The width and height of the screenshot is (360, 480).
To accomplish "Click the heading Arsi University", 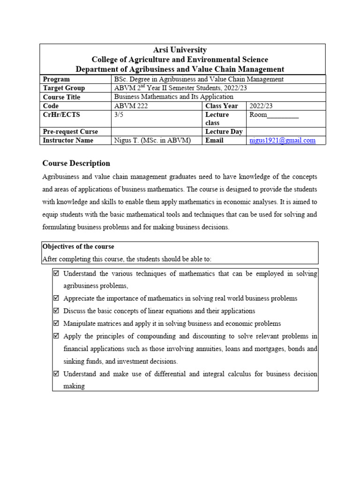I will pyautogui.click(x=180, y=50).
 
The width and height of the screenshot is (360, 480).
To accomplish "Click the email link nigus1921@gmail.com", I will pyautogui.click(x=282, y=140).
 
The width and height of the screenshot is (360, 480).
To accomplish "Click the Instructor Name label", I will pyautogui.click(x=68, y=140).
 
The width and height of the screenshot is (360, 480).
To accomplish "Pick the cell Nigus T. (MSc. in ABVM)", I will pyautogui.click(x=152, y=140).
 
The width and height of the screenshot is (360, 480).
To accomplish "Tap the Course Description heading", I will pyautogui.click(x=76, y=163).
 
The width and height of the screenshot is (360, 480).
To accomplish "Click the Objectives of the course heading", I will pyautogui.click(x=78, y=247).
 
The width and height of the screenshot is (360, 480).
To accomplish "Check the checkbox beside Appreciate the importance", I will pyautogui.click(x=57, y=298).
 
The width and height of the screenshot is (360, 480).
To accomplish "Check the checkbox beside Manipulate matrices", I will pyautogui.click(x=57, y=323).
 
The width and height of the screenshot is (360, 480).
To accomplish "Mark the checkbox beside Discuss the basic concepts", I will pyautogui.click(x=57, y=311).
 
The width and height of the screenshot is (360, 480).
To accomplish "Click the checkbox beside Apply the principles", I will pyautogui.click(x=57, y=336).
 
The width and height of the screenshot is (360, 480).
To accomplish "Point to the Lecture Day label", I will pyautogui.click(x=224, y=132).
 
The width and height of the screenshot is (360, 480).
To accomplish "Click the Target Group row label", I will pyautogui.click(x=64, y=88).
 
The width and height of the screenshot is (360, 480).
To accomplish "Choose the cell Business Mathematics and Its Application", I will pyautogui.click(x=173, y=97).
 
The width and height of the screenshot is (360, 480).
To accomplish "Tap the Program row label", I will pyautogui.click(x=56, y=79).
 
